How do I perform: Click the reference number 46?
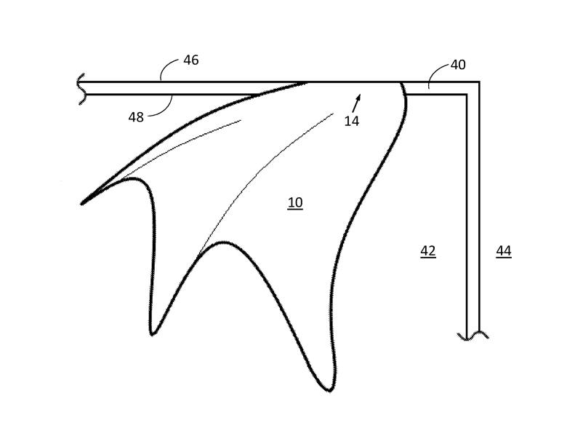tap(190, 60)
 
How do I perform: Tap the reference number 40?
tap(458, 65)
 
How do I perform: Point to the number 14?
tap(352, 122)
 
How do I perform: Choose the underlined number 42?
tap(428, 251)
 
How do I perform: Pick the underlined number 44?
tap(504, 251)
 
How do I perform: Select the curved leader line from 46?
tap(169, 69)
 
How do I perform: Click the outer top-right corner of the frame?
tap(478, 82)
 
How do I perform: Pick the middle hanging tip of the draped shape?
tap(153, 333)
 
